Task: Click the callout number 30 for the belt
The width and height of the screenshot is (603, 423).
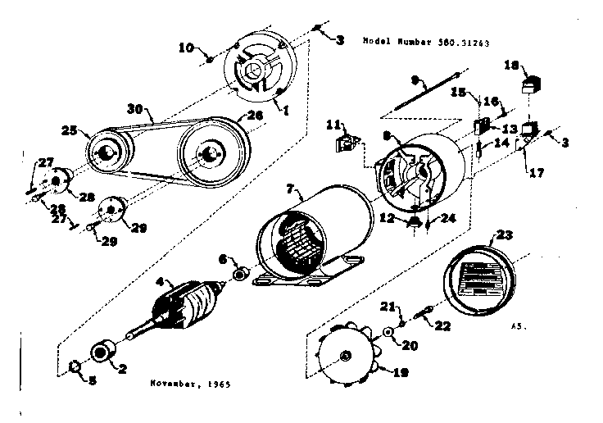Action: pyautogui.click(x=135, y=107)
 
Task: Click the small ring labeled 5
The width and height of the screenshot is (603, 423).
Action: pyautogui.click(x=74, y=365)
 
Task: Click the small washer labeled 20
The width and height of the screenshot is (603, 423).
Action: pyautogui.click(x=388, y=331)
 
